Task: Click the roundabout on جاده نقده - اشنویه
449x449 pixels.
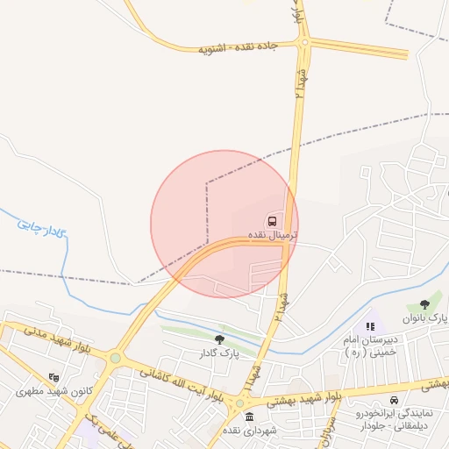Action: (x=304, y=41)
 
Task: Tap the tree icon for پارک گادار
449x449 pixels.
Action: (x=219, y=339)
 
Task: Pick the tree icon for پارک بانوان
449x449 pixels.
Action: (x=425, y=303)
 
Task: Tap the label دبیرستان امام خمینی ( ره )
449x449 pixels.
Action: (x=370, y=345)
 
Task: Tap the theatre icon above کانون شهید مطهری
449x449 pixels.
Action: (x=54, y=377)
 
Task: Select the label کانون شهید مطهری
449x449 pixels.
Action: (x=48, y=391)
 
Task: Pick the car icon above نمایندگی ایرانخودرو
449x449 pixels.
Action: (x=394, y=400)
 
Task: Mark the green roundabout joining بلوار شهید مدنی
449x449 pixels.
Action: (x=115, y=357)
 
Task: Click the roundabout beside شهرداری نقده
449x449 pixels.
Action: (x=239, y=403)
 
